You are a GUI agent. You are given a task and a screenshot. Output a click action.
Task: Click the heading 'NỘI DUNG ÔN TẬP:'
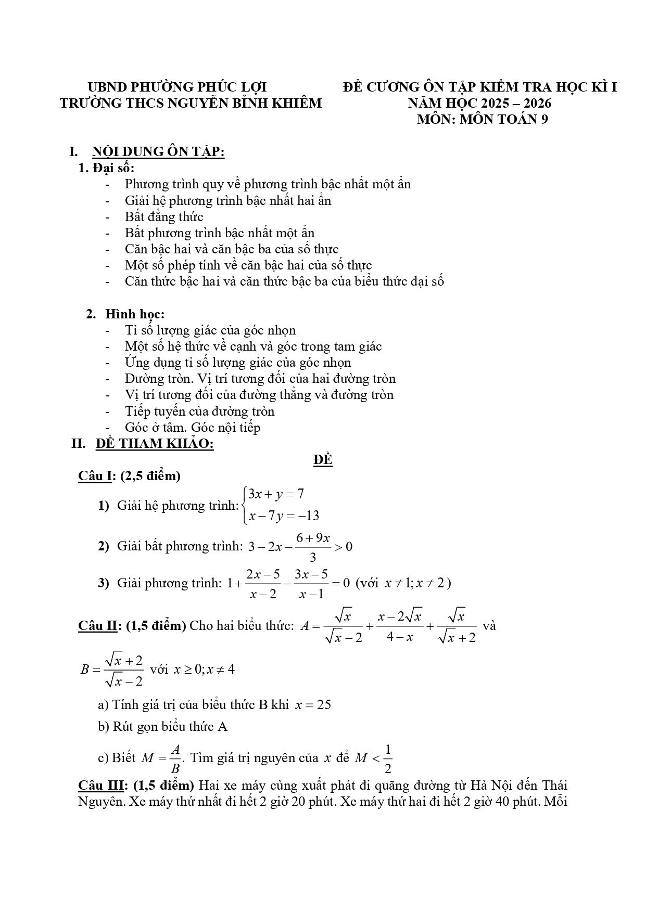(x=158, y=152)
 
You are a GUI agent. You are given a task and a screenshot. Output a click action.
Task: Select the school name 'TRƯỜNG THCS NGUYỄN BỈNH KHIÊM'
(x=191, y=103)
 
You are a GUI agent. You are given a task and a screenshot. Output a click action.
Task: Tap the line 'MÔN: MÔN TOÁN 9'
(x=483, y=119)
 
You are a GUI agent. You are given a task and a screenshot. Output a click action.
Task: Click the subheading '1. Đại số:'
(x=106, y=168)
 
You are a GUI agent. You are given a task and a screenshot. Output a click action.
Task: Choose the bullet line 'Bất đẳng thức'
(x=163, y=216)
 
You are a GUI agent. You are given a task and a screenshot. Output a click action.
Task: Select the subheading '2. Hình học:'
(x=125, y=314)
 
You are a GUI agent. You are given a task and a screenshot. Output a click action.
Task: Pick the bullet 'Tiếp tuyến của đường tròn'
(x=199, y=411)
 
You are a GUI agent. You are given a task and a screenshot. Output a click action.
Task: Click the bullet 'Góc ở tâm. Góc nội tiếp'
(x=192, y=427)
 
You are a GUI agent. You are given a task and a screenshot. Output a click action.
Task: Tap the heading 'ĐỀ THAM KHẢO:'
(x=155, y=444)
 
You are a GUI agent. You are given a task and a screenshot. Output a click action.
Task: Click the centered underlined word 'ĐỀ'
(x=323, y=460)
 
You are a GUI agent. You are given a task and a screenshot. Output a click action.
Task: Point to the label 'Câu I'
(x=94, y=475)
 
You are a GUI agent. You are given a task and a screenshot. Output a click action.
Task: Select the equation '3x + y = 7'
(x=276, y=494)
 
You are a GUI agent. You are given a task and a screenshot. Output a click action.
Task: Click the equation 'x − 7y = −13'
(x=284, y=516)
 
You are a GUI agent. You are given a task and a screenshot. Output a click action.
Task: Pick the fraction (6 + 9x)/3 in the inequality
(x=313, y=547)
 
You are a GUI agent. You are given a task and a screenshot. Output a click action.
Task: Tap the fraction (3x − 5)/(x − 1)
(x=311, y=583)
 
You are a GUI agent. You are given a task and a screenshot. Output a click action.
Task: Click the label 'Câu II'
(x=97, y=625)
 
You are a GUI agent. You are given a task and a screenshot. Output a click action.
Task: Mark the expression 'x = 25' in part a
(x=313, y=705)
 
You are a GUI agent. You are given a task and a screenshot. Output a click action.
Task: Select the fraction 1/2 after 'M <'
(x=387, y=759)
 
